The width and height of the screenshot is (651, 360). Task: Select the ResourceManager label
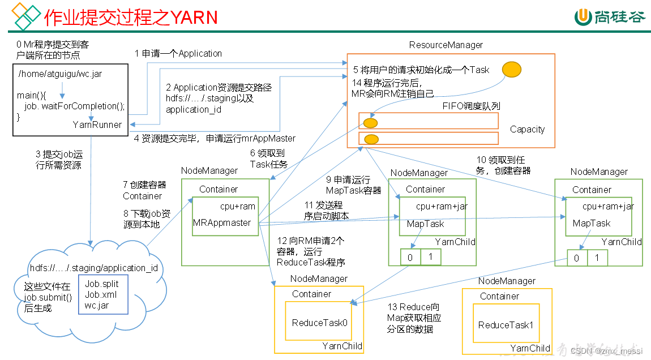pyautogui.click(x=446, y=45)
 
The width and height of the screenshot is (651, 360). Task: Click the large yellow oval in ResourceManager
pyautogui.click(x=511, y=69)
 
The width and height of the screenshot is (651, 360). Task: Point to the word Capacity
pyautogui.click(x=526, y=129)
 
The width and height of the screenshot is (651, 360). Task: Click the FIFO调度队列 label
pyautogui.click(x=471, y=106)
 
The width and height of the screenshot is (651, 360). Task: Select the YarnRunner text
pyautogui.click(x=97, y=125)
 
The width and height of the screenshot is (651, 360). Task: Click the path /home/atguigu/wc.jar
pyautogui.click(x=60, y=74)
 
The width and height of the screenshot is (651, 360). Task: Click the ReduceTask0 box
pyautogui.click(x=319, y=323)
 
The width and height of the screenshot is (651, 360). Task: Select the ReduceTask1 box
pyautogui.click(x=506, y=325)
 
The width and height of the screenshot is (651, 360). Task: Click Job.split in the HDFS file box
pyautogui.click(x=102, y=284)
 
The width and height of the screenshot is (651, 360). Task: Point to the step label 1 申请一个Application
pyautogui.click(x=178, y=53)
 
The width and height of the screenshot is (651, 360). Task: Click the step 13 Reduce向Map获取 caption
pyautogui.click(x=413, y=318)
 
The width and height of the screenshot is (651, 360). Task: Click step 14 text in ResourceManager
pyautogui.click(x=392, y=88)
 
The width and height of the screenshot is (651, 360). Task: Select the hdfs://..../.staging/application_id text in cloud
pyautogui.click(x=93, y=268)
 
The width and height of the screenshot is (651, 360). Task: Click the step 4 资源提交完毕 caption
pyautogui.click(x=215, y=138)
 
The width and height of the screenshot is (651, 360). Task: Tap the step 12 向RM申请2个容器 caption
pyautogui.click(x=310, y=251)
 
